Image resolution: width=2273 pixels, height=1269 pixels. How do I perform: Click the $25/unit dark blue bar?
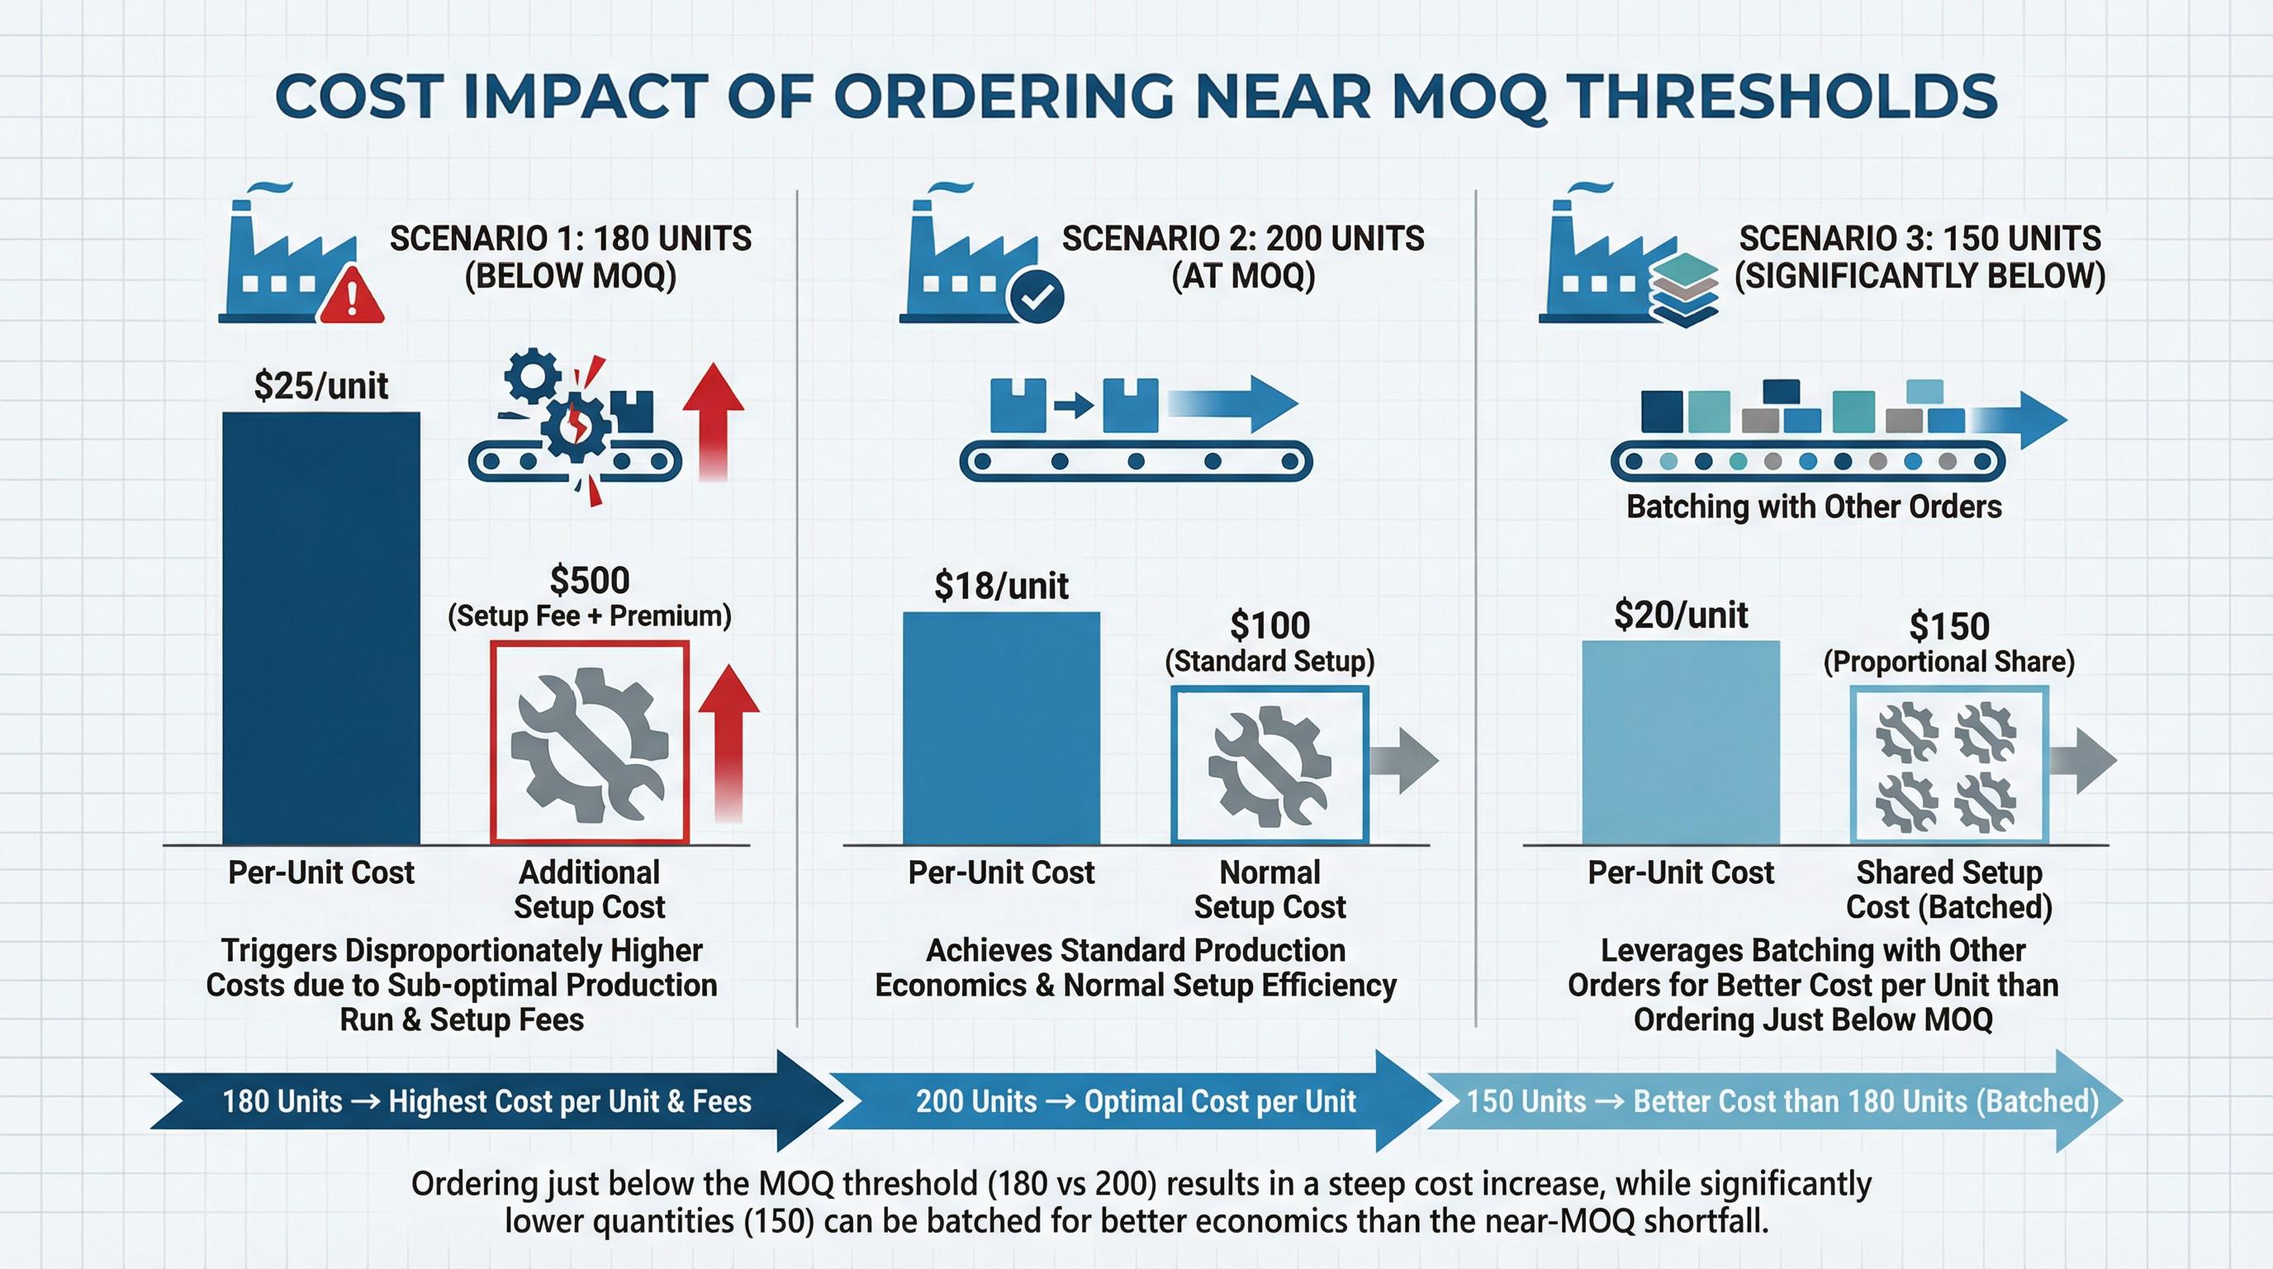point(320,626)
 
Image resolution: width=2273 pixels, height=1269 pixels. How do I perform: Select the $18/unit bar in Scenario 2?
point(1002,727)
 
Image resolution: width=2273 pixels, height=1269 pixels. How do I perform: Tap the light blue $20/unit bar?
point(1681,741)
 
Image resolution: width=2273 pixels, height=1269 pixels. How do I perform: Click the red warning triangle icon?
point(351,297)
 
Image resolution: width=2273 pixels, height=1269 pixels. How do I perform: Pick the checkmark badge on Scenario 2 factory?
point(1036,297)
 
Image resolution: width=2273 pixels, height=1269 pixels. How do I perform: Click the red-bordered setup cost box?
point(590,742)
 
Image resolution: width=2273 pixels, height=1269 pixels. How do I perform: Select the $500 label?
point(590,581)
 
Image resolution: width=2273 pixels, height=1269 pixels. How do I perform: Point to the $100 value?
point(1269,625)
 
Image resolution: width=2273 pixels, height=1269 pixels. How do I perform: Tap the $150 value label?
point(1949,626)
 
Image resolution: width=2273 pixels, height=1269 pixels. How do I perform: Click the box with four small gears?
point(1948,764)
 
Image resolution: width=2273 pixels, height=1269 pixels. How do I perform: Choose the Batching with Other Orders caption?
point(1814,506)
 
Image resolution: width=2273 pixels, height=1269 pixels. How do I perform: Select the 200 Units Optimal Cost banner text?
point(1136,1101)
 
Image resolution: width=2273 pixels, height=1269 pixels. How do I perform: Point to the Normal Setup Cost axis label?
point(1269,889)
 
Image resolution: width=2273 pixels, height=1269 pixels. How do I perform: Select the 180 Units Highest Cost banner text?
point(486,1101)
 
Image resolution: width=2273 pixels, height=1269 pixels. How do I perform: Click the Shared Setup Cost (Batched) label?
point(1948,889)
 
